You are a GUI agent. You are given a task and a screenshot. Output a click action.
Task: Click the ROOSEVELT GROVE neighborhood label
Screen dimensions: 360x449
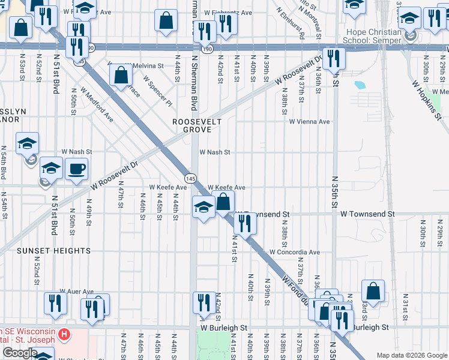(197, 125)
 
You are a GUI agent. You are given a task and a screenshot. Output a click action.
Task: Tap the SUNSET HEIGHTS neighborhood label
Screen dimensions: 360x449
(54, 251)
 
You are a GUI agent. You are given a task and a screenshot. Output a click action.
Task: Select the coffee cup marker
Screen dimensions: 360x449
(76, 170)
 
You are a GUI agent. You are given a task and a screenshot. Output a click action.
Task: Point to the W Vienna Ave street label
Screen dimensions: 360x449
(309, 122)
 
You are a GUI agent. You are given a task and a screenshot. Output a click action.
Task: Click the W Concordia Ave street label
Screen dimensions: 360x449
(294, 253)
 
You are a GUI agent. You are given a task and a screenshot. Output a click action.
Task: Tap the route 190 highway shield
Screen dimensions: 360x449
(206, 50)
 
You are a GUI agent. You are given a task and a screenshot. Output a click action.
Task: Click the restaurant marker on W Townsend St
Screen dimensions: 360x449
(245, 223)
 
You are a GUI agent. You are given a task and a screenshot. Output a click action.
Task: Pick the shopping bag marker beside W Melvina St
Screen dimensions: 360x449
(121, 76)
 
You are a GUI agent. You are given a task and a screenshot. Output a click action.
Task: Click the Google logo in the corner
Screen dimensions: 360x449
(20, 353)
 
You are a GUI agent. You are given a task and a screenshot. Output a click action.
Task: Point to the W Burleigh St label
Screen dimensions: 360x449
(224, 328)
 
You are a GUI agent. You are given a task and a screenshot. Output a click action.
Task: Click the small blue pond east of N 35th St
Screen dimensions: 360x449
(360, 85)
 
